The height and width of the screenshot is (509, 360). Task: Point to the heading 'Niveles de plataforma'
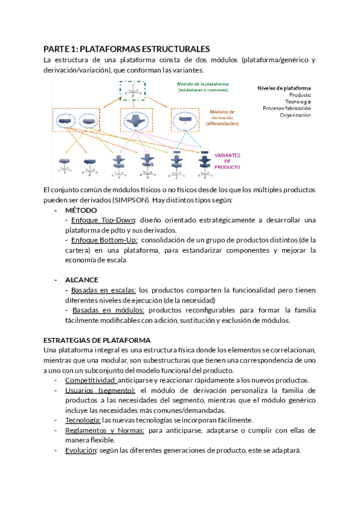(x=284, y=88)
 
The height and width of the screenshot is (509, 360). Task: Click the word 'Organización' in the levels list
(x=295, y=115)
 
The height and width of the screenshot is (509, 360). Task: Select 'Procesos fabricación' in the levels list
(x=286, y=108)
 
